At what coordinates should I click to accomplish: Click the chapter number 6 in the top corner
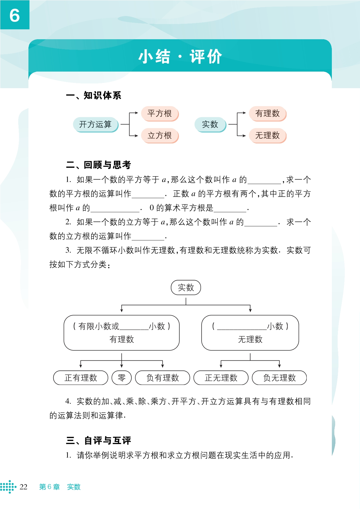click(15, 15)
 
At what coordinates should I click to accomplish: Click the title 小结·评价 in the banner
click(180, 57)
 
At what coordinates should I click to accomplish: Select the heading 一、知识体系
click(94, 95)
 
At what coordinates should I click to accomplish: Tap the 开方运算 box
click(95, 124)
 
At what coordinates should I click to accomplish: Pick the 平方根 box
click(160, 113)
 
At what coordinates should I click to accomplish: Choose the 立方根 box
click(160, 135)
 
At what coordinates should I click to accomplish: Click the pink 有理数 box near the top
click(267, 113)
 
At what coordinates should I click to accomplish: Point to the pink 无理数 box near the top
click(267, 135)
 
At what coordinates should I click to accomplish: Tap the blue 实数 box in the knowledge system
click(210, 124)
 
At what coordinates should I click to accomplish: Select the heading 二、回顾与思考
click(99, 165)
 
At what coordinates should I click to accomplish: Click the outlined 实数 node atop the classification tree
click(186, 287)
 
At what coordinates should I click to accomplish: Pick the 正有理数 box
click(81, 378)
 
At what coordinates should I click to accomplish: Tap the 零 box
click(121, 378)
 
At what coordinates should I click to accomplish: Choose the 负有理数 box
click(163, 378)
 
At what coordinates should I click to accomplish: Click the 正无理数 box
click(221, 378)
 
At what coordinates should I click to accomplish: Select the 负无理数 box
click(279, 378)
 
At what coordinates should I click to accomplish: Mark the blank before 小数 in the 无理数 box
click(242, 327)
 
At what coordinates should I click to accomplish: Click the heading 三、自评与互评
click(99, 440)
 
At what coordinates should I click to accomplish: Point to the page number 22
click(23, 487)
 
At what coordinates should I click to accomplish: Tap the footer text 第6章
click(49, 487)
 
